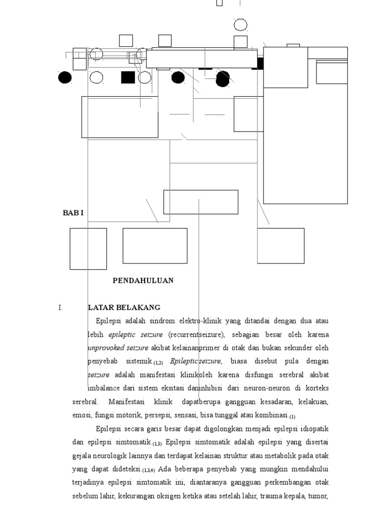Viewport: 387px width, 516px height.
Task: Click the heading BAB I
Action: pos(73,213)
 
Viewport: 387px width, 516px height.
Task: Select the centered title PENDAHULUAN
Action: pos(143,281)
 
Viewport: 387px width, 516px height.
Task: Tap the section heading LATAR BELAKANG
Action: pos(124,307)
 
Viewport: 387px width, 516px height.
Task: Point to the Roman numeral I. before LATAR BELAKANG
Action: pos(60,307)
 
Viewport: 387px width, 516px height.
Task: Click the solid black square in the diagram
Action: pos(128,77)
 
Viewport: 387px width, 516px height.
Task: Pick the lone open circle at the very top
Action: pos(241,24)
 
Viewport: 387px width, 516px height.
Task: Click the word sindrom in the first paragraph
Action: pos(163,320)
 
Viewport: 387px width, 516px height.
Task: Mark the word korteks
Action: pos(317,389)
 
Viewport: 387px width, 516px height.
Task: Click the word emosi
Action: pos(81,416)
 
